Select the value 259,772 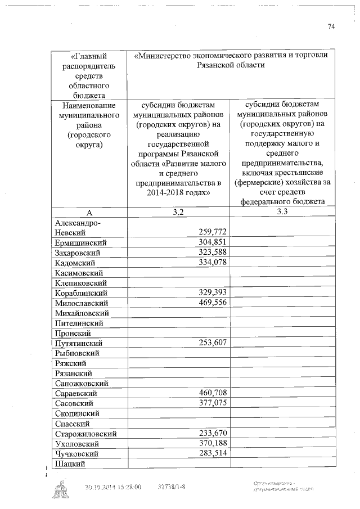point(213,232)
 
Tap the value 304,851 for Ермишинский point(213,242)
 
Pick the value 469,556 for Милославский point(213,303)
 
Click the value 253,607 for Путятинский point(213,343)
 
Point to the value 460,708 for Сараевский point(213,393)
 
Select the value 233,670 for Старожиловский point(213,434)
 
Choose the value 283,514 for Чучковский point(213,454)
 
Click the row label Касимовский point(78,273)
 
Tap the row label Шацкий point(70,464)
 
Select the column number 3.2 point(178,211)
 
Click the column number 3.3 point(282,211)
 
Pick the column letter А point(89,212)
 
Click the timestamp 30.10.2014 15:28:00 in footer point(113,487)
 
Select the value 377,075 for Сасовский point(213,403)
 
